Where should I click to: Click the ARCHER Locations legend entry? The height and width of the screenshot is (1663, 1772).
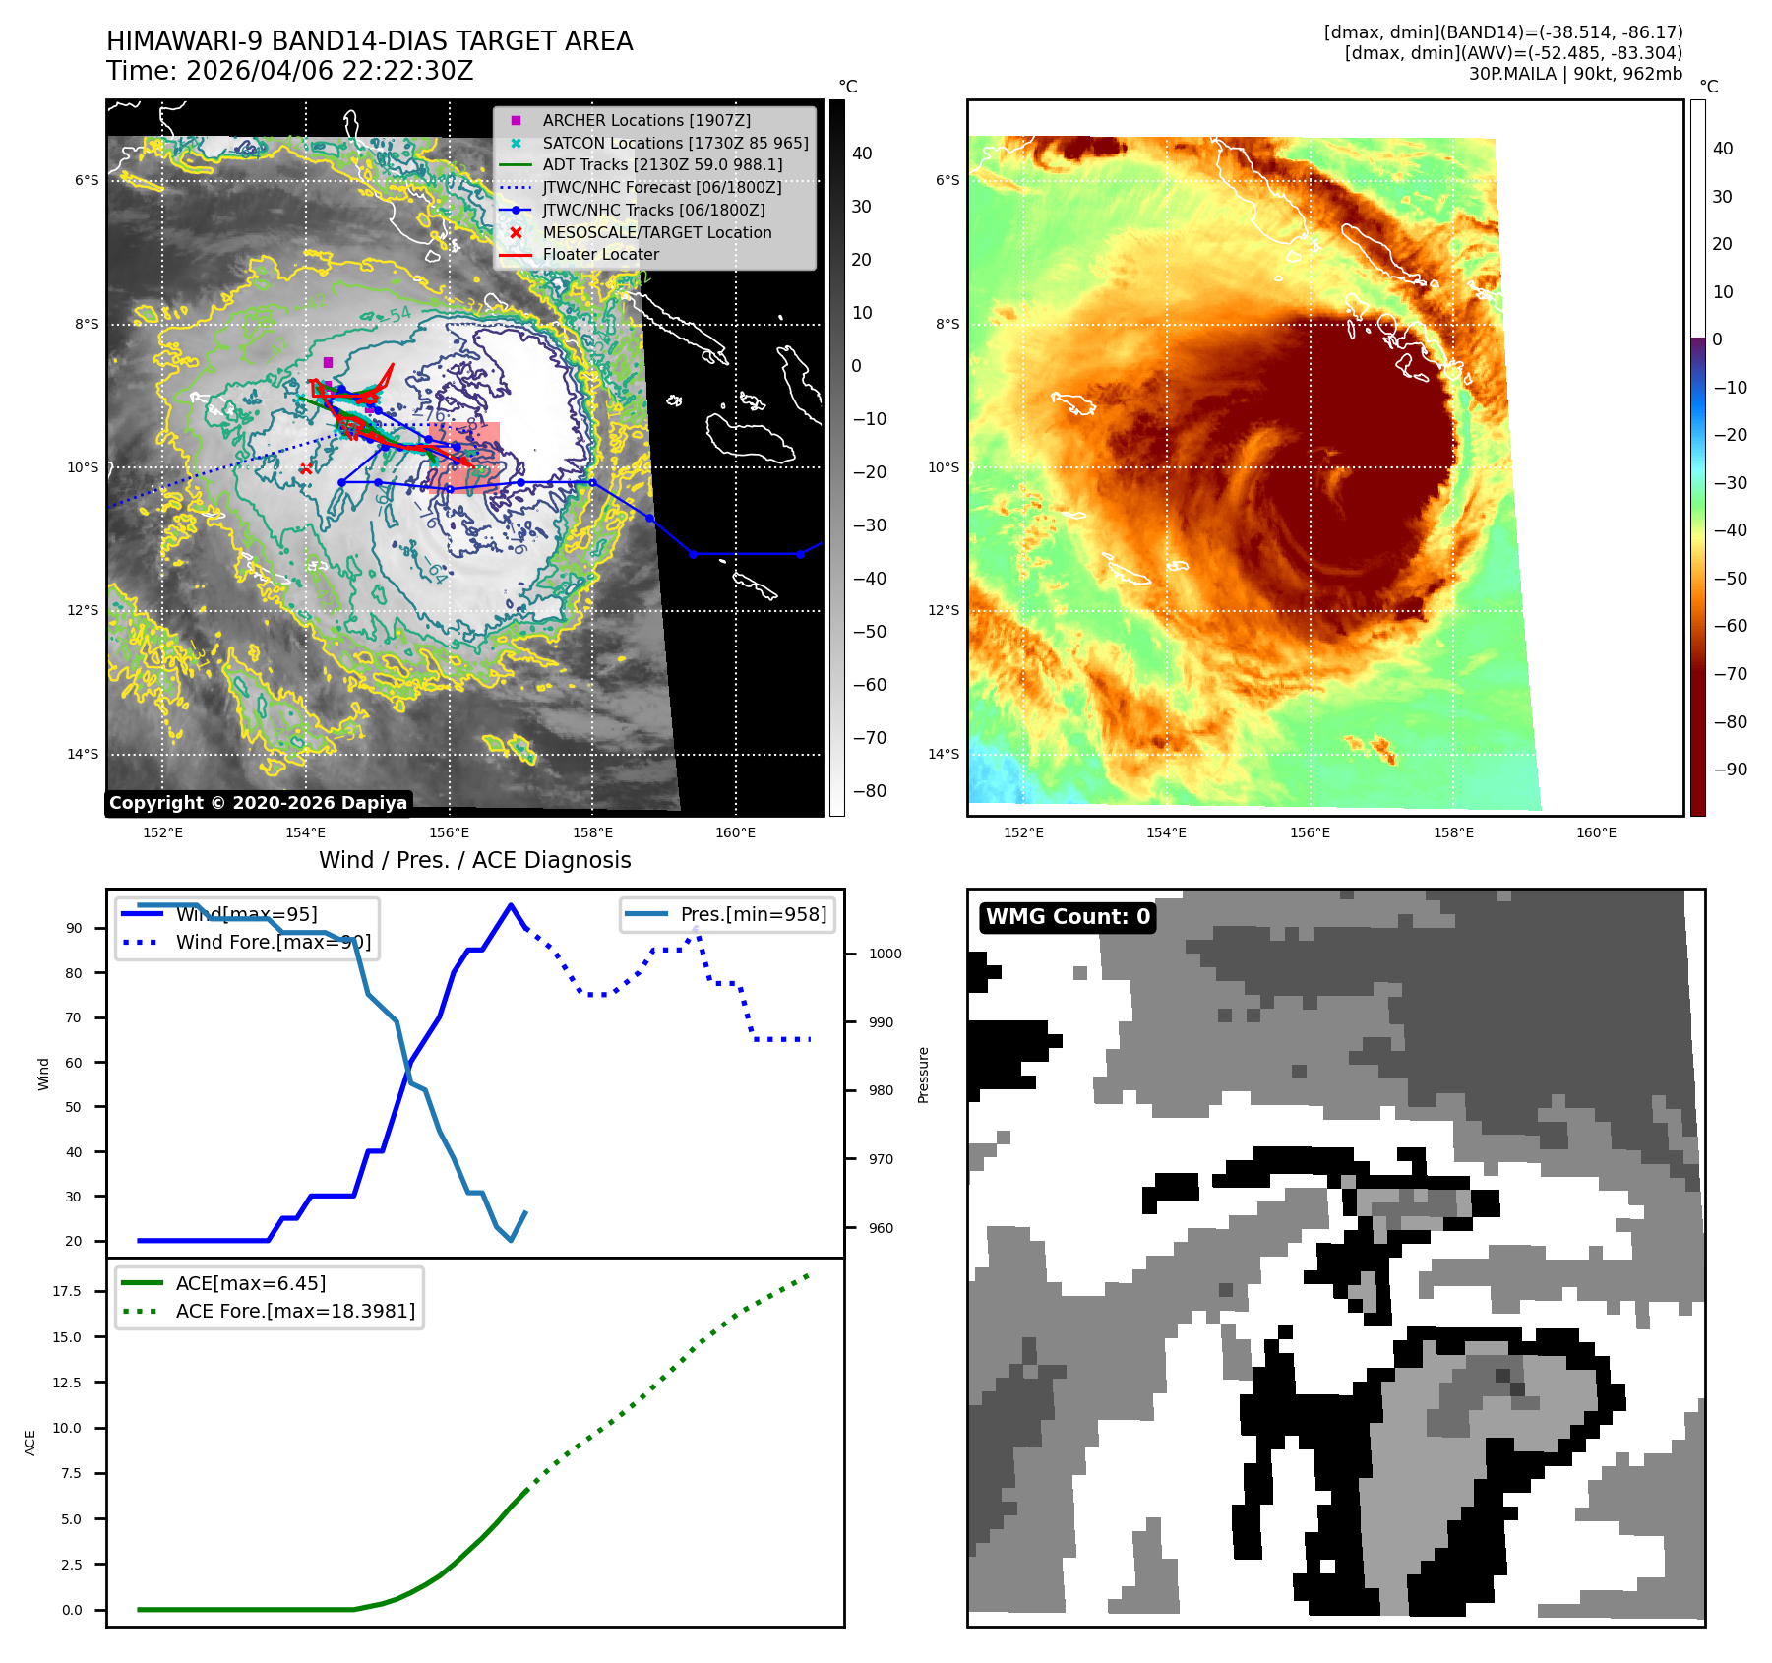coord(645,120)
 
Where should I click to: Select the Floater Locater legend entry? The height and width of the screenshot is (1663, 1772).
coord(600,254)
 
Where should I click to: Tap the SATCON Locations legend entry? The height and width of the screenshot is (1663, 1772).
coord(675,143)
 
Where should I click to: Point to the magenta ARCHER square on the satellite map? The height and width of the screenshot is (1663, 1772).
coord(328,362)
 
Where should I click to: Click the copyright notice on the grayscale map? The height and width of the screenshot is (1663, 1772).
coord(258,803)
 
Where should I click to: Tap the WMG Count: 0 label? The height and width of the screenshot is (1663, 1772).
coord(1068,917)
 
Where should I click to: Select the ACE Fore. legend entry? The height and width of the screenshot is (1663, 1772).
coord(295,1311)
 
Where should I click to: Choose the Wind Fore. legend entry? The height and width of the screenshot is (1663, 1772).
coord(273,942)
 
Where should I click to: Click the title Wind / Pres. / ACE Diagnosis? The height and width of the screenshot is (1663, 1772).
coord(474,860)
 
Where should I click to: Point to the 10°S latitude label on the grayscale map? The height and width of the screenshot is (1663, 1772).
coord(83,467)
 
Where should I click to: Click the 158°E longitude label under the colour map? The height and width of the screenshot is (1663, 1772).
coord(1453,832)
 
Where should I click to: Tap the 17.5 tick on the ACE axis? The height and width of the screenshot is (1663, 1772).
coord(67,1291)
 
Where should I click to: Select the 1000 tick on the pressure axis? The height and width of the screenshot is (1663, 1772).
coord(886,954)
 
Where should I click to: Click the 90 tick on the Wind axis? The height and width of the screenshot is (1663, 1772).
coord(74,928)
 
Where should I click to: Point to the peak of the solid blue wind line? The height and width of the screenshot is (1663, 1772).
coord(510,905)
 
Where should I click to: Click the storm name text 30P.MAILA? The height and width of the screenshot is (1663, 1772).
coord(1512,74)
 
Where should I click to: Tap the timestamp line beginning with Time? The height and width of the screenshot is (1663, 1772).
coord(290,71)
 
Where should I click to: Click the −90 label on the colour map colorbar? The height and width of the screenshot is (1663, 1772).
coord(1730,770)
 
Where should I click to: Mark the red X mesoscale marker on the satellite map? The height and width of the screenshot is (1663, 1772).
coord(306,469)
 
